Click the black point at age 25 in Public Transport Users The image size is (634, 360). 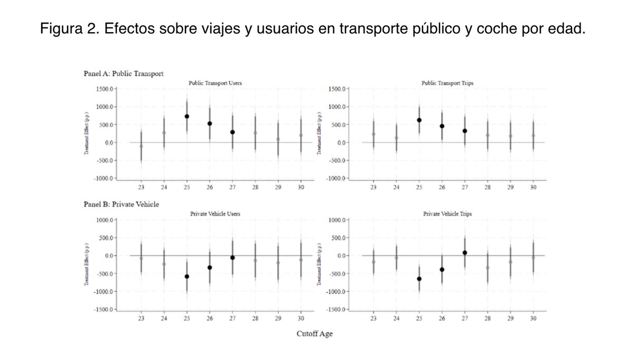pyautogui.click(x=187, y=116)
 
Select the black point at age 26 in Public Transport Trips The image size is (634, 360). pyautogui.click(x=442, y=126)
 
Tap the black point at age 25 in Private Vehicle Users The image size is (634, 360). pyautogui.click(x=187, y=276)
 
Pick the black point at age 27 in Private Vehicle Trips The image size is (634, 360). pyautogui.click(x=465, y=253)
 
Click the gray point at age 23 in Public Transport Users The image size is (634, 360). pyautogui.click(x=141, y=146)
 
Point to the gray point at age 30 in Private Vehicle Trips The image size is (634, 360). pyautogui.click(x=533, y=257)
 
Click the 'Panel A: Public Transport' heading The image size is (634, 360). pyautogui.click(x=124, y=73)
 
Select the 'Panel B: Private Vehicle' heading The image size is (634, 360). pyautogui.click(x=122, y=203)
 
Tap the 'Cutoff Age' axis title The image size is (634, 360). pyautogui.click(x=314, y=334)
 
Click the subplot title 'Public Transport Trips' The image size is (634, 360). pyautogui.click(x=446, y=83)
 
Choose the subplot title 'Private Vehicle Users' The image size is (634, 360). pyautogui.click(x=215, y=214)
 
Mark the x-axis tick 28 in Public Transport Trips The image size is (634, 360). pyautogui.click(x=488, y=187)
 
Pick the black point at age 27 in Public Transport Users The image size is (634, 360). pyautogui.click(x=232, y=132)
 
